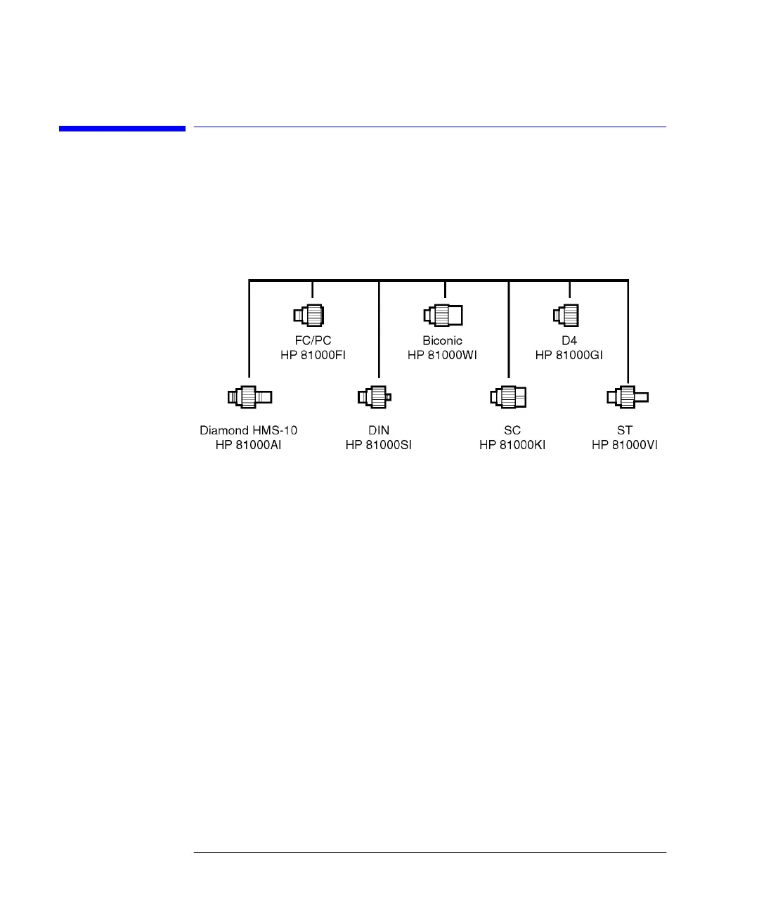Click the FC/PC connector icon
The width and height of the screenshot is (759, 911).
309,315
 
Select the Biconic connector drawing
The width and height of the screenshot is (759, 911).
443,315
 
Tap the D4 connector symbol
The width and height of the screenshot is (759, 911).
566,315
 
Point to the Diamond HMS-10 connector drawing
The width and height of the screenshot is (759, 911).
249,397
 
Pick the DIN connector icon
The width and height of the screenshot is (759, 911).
374,397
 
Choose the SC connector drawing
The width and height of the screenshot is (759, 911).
508,397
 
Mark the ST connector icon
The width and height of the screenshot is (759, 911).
627,397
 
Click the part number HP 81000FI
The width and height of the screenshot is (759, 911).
313,355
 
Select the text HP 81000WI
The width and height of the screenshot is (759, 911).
442,355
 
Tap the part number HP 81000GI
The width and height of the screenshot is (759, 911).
569,355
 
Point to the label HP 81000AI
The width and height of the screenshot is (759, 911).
248,445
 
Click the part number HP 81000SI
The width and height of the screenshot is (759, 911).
378,445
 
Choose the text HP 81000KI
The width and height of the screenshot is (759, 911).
512,445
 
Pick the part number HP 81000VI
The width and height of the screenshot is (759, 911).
624,445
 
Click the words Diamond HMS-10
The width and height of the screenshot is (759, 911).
248,430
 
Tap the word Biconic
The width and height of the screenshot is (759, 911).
442,340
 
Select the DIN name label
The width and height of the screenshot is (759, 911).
378,430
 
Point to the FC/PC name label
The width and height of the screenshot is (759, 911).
313,340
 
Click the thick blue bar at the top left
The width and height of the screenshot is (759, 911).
122,129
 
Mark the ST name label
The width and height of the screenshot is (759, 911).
624,430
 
